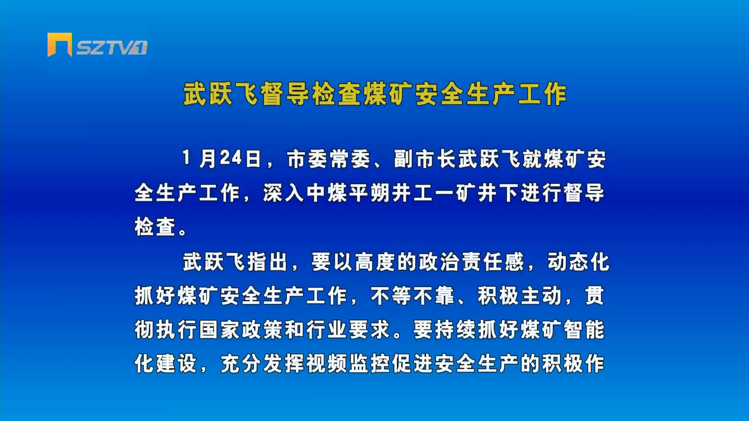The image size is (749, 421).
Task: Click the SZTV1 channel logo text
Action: click(x=112, y=48)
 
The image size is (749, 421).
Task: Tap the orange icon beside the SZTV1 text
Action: click(x=60, y=45)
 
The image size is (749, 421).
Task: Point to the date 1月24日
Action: click(x=222, y=159)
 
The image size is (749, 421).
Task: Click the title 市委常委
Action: click(x=328, y=159)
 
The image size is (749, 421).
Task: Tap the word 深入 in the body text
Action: click(x=284, y=193)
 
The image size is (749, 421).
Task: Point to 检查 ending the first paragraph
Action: click(x=155, y=227)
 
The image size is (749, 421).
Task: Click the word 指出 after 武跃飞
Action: click(x=268, y=262)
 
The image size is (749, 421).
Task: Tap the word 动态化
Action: click(x=578, y=262)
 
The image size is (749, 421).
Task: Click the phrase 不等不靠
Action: click(x=412, y=296)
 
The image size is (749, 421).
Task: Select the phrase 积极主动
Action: click(x=519, y=296)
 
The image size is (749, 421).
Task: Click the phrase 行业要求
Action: click(x=348, y=330)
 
